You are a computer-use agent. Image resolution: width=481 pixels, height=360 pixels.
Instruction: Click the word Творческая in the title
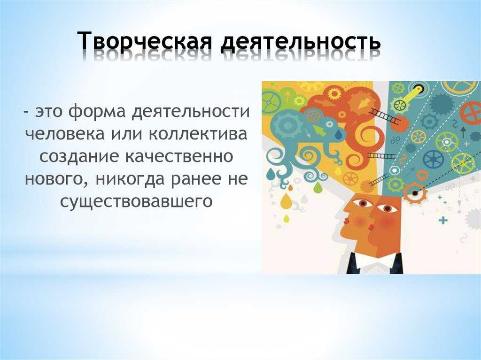(x=145, y=41)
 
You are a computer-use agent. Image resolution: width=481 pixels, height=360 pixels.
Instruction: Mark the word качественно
(x=180, y=157)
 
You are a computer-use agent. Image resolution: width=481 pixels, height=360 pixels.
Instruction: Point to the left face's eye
(x=363, y=203)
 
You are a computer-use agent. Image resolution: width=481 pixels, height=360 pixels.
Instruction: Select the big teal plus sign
(x=443, y=221)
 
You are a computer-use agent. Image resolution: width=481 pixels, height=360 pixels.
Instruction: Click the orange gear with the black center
(x=415, y=193)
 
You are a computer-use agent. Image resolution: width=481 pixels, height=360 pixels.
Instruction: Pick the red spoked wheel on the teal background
(x=472, y=113)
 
